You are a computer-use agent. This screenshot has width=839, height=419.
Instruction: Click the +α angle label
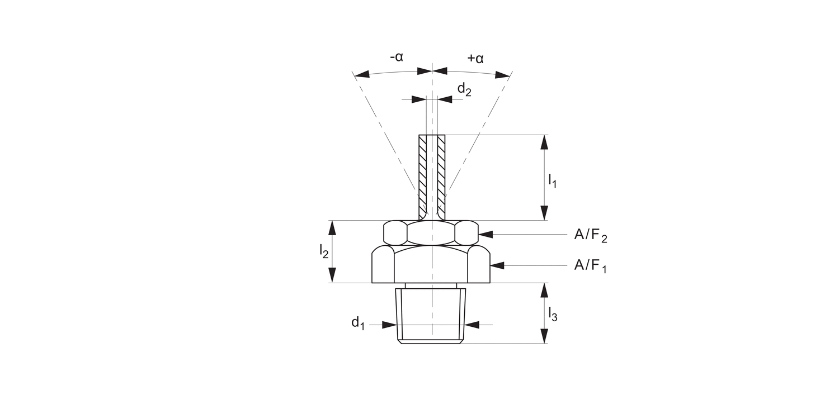[x=475, y=58]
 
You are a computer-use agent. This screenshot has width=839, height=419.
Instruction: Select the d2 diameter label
[x=464, y=89]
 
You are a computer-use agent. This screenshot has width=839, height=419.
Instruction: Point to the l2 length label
[x=324, y=251]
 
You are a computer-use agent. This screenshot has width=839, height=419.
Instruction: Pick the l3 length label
[x=552, y=314]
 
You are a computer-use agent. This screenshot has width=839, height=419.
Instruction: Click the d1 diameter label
[x=358, y=322]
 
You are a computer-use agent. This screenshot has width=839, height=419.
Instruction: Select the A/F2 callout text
[x=590, y=236]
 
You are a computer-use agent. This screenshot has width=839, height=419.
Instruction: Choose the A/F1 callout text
[x=590, y=265]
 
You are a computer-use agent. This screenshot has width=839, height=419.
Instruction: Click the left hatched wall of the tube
[x=423, y=176]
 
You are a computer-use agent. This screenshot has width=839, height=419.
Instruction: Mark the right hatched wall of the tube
[x=441, y=176]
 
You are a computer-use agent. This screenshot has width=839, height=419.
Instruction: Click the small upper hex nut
[x=431, y=232]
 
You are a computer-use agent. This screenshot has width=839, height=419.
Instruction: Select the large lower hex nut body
[x=431, y=265]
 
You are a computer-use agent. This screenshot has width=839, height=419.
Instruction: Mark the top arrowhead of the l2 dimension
[x=332, y=228]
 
